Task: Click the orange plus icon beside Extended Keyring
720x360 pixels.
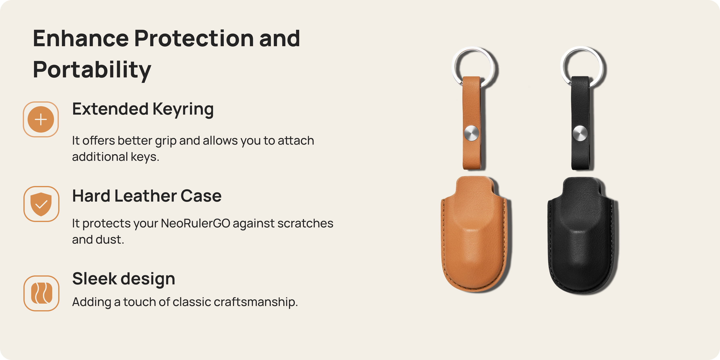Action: coord(41,119)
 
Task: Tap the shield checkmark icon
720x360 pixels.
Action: coord(41,204)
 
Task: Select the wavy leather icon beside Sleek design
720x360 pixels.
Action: coord(41,293)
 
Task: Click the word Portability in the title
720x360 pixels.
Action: coord(92,70)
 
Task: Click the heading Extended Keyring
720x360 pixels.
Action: coord(143,109)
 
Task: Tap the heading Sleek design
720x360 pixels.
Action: coord(124,279)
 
